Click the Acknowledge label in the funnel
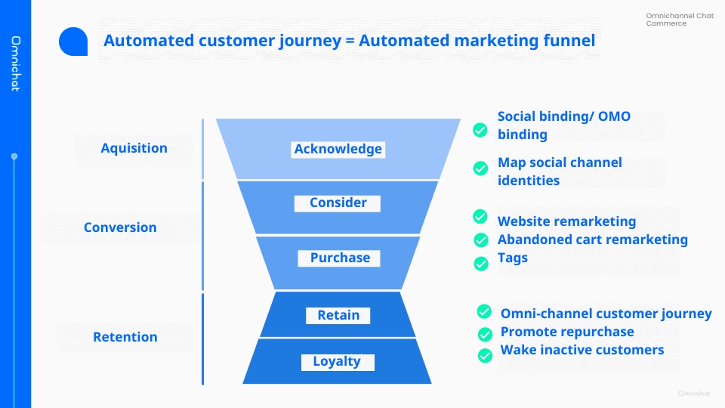[338, 149]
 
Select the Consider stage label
[338, 202]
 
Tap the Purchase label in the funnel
[340, 258]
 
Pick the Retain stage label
[338, 315]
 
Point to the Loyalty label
[337, 361]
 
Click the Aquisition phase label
[134, 148]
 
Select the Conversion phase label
[120, 227]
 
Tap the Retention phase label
[125, 337]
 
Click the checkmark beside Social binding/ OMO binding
[480, 130]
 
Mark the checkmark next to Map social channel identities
[480, 168]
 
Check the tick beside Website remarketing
[480, 217]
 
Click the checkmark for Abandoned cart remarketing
[480, 240]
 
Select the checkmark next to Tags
[480, 263]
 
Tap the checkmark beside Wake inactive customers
[485, 355]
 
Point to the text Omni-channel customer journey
[606, 314]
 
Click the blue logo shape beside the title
[73, 42]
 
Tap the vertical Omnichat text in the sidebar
[15, 63]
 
